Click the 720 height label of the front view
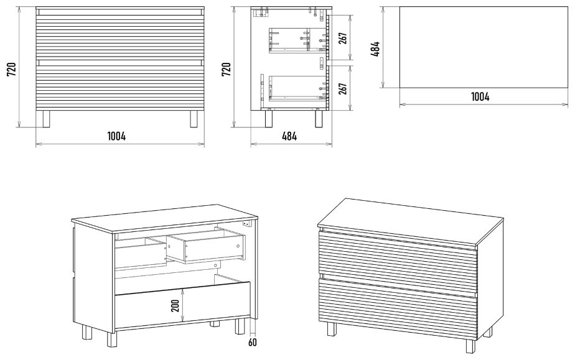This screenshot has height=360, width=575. coord(11,69)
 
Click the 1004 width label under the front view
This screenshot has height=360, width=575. coord(116,136)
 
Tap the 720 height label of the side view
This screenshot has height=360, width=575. coord(227,69)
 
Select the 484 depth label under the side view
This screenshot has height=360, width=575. coord(289,136)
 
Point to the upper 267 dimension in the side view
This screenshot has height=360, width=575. coord(343,37)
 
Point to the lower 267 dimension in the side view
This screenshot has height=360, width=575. coord(343,89)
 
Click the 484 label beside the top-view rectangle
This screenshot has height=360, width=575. coord(375,48)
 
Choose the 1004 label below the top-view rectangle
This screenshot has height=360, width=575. coord(480,96)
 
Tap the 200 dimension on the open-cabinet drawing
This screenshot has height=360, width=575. coord(175,305)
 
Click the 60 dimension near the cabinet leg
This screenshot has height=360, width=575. coord(252,343)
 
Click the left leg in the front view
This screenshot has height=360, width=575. coord(46,119)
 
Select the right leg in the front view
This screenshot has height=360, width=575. coord(194,119)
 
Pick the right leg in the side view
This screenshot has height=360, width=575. coord(319,119)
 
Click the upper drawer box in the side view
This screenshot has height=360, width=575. coord(297,40)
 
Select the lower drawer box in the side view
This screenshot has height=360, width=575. coord(297,88)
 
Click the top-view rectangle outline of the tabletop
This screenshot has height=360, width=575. coord(484,47)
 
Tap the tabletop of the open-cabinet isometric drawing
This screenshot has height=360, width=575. coord(165,219)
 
